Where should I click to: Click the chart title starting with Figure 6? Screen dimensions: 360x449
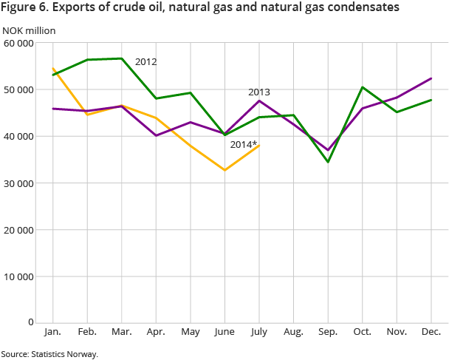(200, 8)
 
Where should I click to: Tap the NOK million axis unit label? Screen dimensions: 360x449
(29, 30)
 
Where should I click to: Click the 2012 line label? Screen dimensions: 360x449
(145, 62)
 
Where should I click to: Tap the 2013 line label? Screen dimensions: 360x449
(258, 92)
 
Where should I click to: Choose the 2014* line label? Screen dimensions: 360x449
(243, 145)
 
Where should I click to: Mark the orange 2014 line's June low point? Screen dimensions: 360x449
(224, 170)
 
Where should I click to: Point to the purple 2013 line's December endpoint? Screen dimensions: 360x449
(431, 78)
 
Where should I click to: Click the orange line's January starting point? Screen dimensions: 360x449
(54, 69)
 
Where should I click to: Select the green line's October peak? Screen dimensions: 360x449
(362, 87)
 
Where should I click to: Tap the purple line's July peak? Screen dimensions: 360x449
(258, 101)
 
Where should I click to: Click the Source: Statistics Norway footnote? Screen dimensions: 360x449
(49, 354)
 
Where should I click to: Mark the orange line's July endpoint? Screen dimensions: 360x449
(258, 145)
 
